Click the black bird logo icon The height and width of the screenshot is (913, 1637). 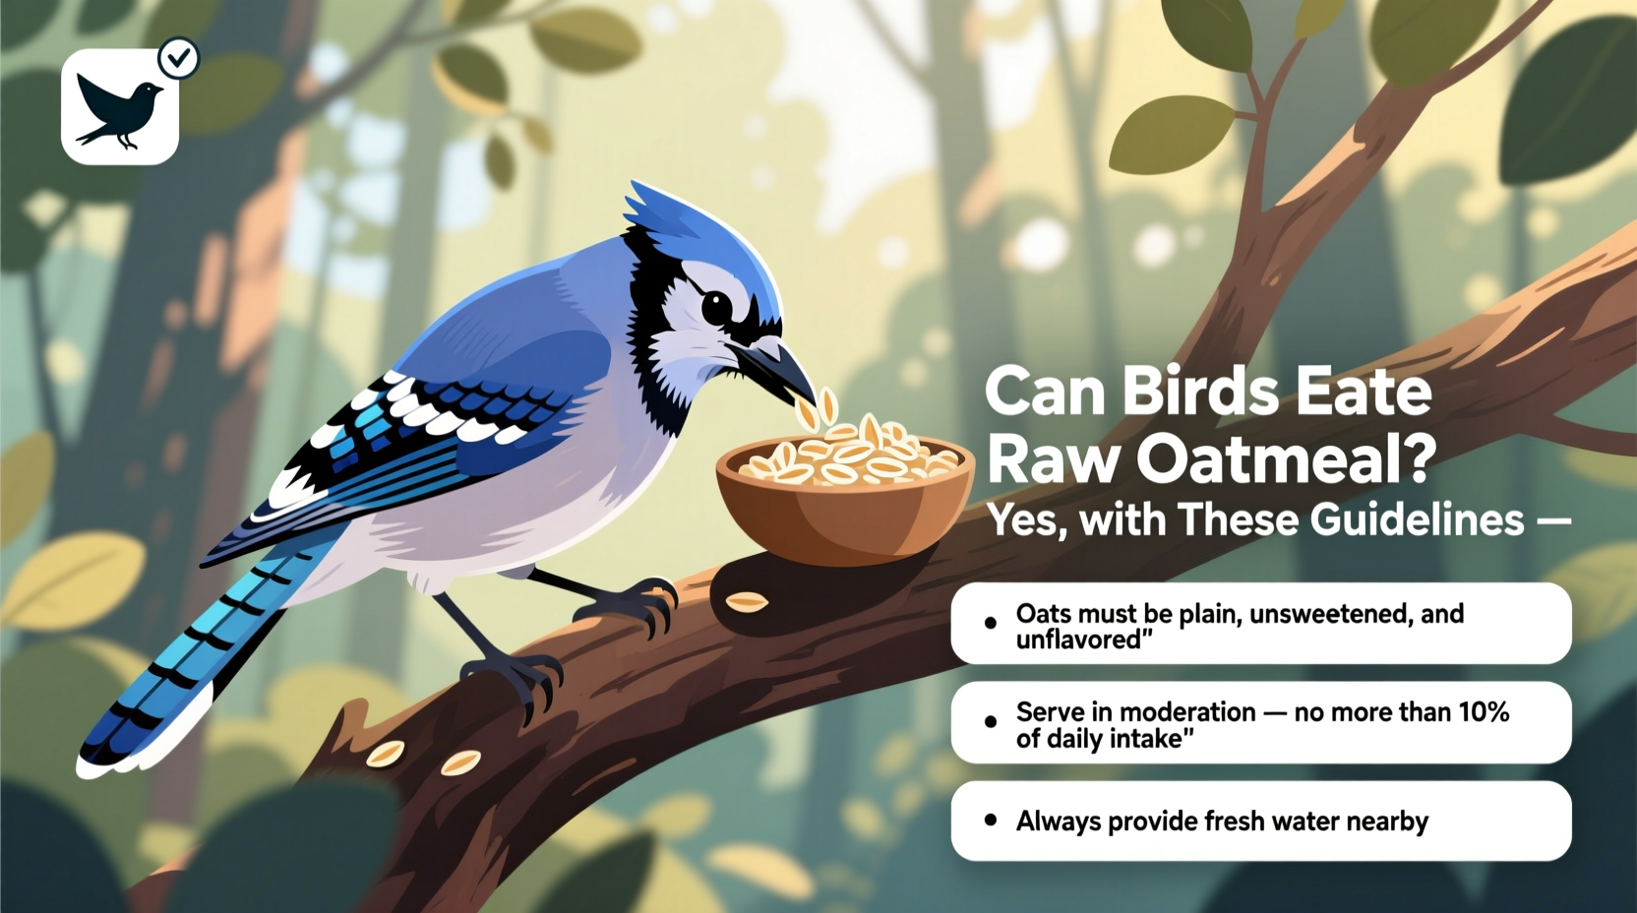click(119, 109)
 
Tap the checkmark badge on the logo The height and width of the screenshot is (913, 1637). click(179, 59)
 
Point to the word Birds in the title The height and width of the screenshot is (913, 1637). click(1200, 391)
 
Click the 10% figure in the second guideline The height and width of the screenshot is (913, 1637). click(1484, 712)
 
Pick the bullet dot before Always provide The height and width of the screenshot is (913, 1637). click(991, 821)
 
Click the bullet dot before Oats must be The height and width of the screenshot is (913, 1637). click(991, 623)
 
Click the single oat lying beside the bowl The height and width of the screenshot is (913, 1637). click(747, 601)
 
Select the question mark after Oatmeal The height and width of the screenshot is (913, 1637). click(1417, 457)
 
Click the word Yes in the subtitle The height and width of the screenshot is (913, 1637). click(1023, 519)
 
